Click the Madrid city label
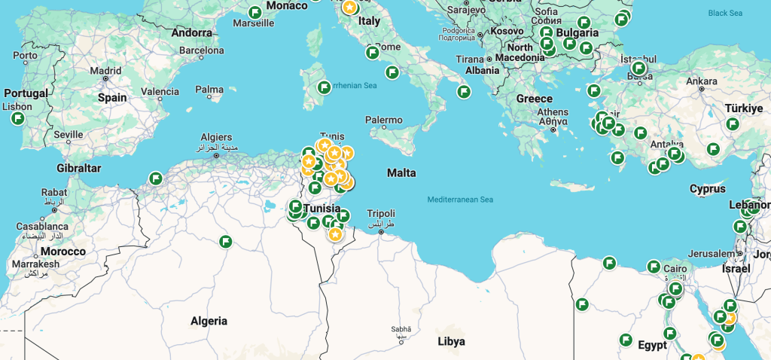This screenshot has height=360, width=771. click(105, 71)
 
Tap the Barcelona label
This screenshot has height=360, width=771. click(201, 51)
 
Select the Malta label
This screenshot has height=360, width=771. click(401, 173)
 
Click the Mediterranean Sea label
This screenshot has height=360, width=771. click(459, 200)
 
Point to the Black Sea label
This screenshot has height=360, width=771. click(725, 13)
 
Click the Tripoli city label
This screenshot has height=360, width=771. click(380, 214)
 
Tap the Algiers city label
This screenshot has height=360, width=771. click(216, 137)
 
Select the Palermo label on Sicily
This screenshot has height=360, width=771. click(383, 120)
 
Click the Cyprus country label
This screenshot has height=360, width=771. click(707, 188)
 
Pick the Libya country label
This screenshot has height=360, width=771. click(451, 341)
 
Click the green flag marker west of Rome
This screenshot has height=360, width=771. click(372, 53)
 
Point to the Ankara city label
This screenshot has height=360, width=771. click(702, 81)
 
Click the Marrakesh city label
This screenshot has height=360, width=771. click(36, 264)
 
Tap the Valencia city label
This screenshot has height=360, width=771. click(160, 92)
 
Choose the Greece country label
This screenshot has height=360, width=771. click(534, 99)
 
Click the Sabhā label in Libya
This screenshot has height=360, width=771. click(401, 329)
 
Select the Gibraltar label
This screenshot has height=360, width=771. click(78, 168)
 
